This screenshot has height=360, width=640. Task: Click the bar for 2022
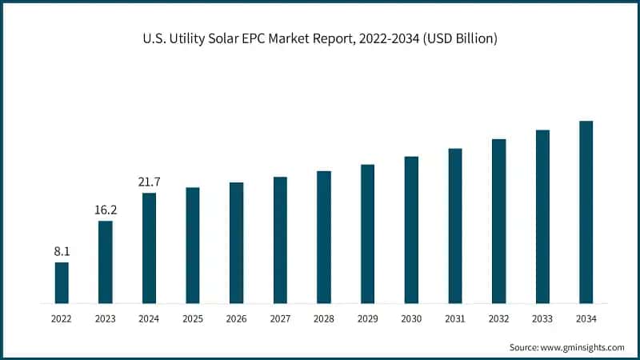click(x=62, y=283)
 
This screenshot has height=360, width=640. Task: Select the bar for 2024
click(x=149, y=249)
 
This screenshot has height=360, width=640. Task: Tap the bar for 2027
click(x=280, y=241)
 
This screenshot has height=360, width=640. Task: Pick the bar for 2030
click(x=411, y=230)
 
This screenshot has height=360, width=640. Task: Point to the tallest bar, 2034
click(x=586, y=213)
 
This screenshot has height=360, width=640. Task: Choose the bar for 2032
click(x=498, y=222)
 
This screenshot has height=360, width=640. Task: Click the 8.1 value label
click(x=62, y=251)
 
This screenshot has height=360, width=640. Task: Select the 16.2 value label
click(x=106, y=210)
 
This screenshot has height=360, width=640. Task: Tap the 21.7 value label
click(x=149, y=182)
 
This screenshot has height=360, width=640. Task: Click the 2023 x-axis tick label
click(x=106, y=318)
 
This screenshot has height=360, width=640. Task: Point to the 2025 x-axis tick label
click(x=193, y=318)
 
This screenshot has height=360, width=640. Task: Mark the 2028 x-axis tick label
click(x=324, y=318)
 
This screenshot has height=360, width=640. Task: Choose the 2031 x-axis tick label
click(x=454, y=318)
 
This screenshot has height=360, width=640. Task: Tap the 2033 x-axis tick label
click(x=542, y=318)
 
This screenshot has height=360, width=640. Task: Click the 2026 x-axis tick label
click(x=236, y=318)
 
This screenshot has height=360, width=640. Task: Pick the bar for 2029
click(x=367, y=234)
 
